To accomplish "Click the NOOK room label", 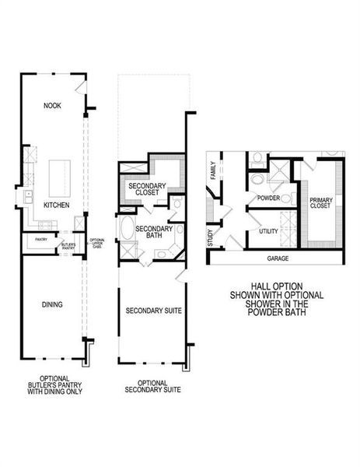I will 52,104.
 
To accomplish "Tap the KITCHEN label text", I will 56,205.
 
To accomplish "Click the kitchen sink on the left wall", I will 28,197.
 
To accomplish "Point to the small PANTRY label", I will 40,240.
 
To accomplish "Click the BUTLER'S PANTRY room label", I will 69,245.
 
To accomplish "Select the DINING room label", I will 52,304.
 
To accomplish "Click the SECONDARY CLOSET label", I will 144,188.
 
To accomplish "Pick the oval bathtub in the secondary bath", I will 127,230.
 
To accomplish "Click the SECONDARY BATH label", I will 152,233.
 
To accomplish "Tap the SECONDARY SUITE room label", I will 153,311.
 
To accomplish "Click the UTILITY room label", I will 269,231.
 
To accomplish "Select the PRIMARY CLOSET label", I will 320,203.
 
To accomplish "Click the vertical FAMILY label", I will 211,170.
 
